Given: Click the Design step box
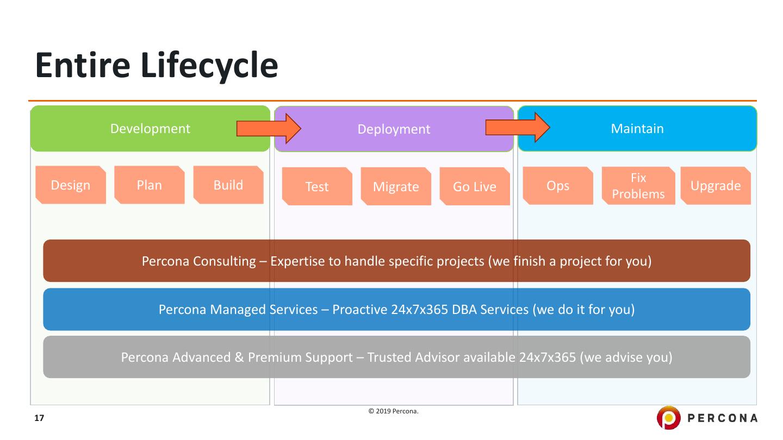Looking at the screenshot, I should coord(71,185).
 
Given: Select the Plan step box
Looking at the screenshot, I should coord(150,185).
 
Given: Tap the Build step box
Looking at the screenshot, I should coord(228,185).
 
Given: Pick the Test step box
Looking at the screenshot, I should coord(317,186).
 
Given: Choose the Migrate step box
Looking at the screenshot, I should coord(396,186).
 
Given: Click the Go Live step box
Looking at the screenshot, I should coord(475,186).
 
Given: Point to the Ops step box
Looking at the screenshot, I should coord(558,186).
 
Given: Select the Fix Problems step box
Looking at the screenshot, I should coord(638,186).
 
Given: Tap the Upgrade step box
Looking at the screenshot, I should coord(716,186).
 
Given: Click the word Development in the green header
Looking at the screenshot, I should coord(150,129).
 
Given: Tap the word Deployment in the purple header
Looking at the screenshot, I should coord(394,129).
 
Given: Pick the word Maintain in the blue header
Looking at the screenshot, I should coord(637,129).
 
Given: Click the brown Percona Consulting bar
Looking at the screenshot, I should coord(396,261).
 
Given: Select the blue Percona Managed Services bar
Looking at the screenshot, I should coord(396,310).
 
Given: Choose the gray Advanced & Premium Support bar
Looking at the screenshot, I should coord(396,357).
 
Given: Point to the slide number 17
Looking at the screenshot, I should coord(39,418).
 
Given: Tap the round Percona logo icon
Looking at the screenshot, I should coord(669,418).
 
